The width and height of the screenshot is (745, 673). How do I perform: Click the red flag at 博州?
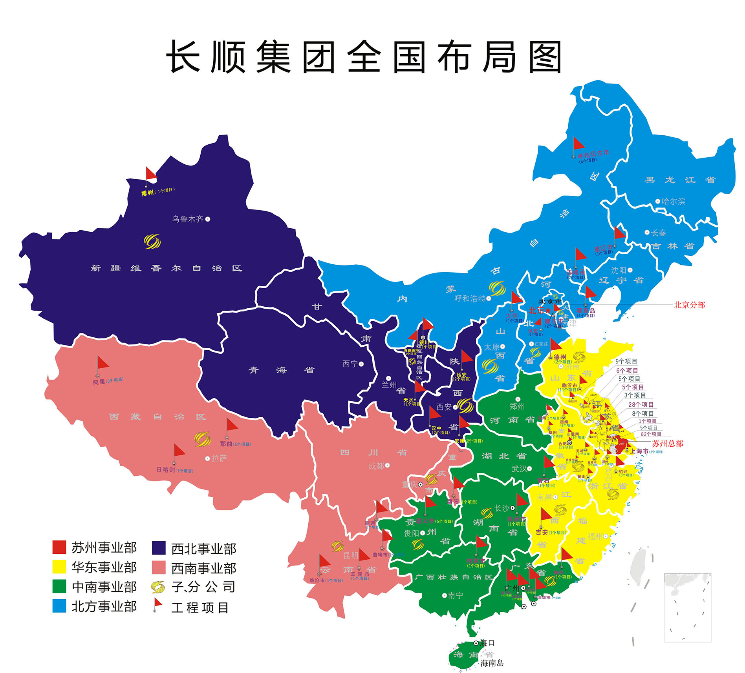(150, 174)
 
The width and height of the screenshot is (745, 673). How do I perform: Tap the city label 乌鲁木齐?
(188, 219)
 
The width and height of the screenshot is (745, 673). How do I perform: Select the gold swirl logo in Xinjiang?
(152, 241)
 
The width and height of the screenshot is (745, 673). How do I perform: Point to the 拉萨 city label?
(219, 458)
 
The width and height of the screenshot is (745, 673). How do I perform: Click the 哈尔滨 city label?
(673, 201)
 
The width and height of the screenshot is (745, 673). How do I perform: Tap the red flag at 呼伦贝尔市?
(578, 144)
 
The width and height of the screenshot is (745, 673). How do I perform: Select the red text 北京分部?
(689, 305)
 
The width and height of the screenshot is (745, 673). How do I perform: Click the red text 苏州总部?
(668, 444)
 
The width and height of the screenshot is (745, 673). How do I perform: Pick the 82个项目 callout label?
(651, 434)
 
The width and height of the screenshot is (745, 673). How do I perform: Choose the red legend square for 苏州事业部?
(59, 547)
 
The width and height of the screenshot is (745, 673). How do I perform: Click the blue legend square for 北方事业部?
(59, 606)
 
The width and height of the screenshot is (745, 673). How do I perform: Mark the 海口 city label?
(487, 643)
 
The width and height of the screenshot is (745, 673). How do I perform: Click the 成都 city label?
(376, 466)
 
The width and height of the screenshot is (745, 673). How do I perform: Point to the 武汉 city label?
(519, 469)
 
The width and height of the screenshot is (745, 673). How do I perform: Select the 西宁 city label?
(350, 364)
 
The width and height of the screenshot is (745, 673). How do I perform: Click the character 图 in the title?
(546, 57)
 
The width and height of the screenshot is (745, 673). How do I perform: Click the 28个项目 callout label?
(641, 404)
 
